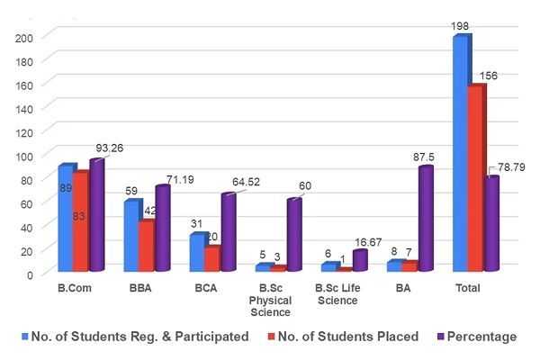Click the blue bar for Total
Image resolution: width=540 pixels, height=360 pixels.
[460, 153]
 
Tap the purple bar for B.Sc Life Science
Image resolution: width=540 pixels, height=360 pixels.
[360, 260]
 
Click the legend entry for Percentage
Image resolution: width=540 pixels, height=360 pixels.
[482, 337]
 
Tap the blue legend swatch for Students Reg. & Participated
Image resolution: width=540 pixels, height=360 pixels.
[24, 337]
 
